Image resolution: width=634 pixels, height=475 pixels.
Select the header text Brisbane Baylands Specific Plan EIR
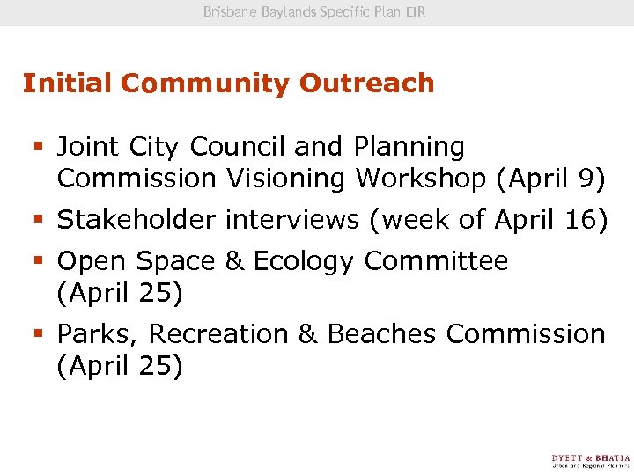pos(314,12)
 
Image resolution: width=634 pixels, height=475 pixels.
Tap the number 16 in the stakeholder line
pos(579,220)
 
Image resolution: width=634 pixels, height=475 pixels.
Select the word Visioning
pos(287,179)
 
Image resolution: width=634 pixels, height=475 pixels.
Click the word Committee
pos(436,261)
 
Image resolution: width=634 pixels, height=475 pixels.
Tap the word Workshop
pos(420,179)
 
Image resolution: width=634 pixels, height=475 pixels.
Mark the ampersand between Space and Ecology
pos(236,261)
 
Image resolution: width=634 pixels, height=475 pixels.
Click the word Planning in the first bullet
pos(409,147)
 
